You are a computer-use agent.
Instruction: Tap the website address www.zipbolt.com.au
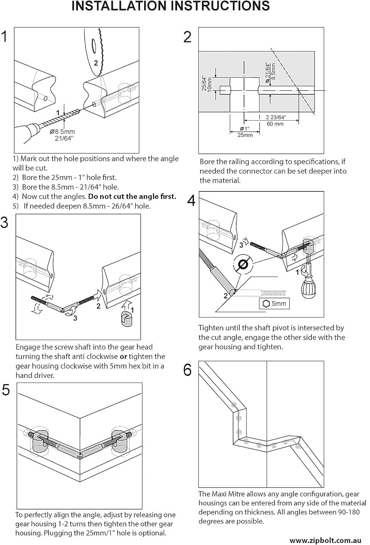325,540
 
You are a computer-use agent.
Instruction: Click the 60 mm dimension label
275,124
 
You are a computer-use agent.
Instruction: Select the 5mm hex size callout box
274,303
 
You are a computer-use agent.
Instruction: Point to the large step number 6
187,370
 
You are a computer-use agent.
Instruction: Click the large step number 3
4,222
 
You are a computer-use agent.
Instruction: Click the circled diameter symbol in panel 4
243,264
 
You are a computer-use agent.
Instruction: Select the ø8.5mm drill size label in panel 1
62,132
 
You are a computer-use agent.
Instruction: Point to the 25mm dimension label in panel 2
245,135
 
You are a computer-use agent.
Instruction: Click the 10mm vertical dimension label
210,84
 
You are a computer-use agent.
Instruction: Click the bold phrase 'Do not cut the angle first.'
132,196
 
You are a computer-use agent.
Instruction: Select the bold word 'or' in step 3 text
123,357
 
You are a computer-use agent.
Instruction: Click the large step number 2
187,37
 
